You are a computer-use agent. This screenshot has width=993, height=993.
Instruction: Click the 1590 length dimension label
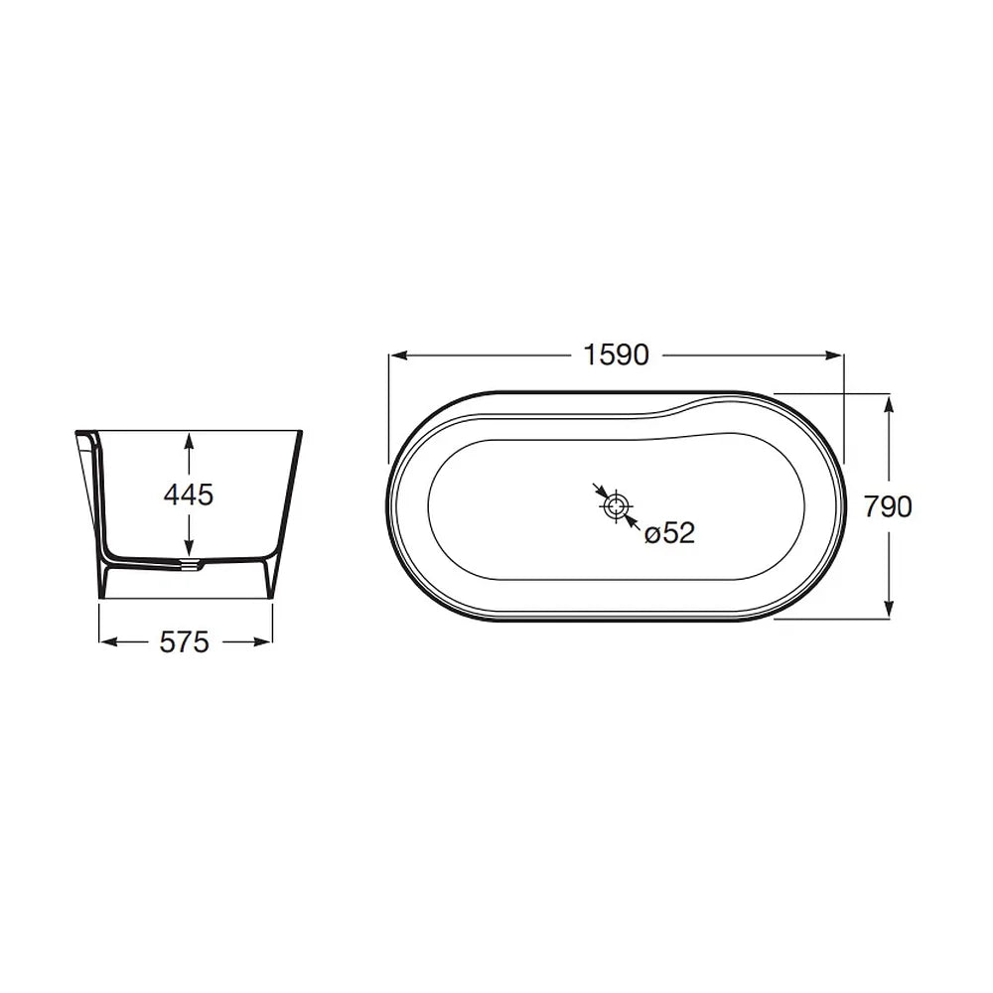tap(616, 355)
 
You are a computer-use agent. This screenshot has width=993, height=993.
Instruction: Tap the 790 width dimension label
tap(888, 506)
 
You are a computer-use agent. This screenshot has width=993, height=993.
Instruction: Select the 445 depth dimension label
tap(189, 495)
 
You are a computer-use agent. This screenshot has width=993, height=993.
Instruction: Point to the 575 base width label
tap(185, 642)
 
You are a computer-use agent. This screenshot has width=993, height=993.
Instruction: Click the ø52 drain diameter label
tap(669, 533)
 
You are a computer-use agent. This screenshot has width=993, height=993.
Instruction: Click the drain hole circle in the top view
tap(615, 506)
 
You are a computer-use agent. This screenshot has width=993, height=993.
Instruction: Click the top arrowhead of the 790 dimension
tap(889, 403)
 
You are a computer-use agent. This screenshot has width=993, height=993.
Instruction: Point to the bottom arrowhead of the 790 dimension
tap(889, 609)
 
